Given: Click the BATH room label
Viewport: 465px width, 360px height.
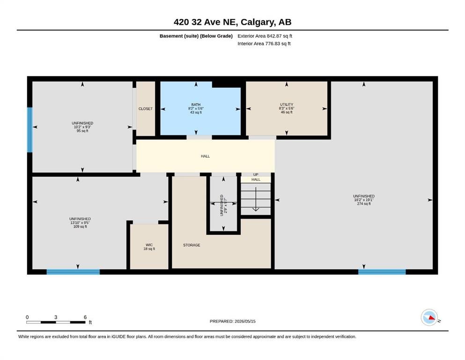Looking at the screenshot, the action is (196, 105).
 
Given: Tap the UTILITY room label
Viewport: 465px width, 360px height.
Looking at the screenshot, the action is (287, 105).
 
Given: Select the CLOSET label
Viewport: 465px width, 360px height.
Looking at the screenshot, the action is (146, 109).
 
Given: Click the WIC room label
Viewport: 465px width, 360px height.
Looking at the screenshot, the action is (149, 245).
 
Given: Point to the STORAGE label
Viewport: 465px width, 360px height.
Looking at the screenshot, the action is (192, 245).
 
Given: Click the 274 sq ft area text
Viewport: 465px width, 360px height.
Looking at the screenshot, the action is (364, 204).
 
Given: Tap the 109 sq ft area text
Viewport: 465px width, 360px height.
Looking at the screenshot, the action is (80, 227).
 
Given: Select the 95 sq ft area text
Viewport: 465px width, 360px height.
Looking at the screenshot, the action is (82, 131).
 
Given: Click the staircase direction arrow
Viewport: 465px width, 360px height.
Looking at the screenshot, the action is (256, 199).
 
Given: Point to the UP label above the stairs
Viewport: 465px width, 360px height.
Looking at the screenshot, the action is (256, 174).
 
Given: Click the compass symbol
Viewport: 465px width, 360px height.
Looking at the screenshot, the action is (429, 317).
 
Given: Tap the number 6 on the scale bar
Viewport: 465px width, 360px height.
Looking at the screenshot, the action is (85, 317).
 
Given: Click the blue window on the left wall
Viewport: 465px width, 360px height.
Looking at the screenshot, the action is (30, 130).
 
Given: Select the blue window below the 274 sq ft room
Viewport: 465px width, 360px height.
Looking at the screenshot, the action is (382, 272).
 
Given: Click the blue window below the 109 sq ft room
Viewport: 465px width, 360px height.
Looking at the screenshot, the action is (73, 272).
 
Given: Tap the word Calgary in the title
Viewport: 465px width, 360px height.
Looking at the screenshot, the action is (258, 22).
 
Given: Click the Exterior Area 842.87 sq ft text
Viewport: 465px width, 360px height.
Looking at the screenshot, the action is (265, 36).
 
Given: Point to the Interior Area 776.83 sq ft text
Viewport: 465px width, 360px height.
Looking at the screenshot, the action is (264, 44).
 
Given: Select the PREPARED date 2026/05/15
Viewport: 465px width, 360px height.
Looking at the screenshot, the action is (245, 321).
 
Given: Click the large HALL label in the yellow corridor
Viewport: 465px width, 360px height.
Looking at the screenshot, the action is (205, 156).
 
